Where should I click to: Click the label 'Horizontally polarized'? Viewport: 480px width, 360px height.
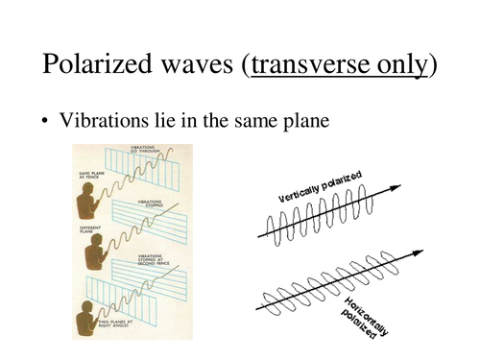pos(363,317)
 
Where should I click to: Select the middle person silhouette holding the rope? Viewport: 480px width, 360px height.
pos(94,251)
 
